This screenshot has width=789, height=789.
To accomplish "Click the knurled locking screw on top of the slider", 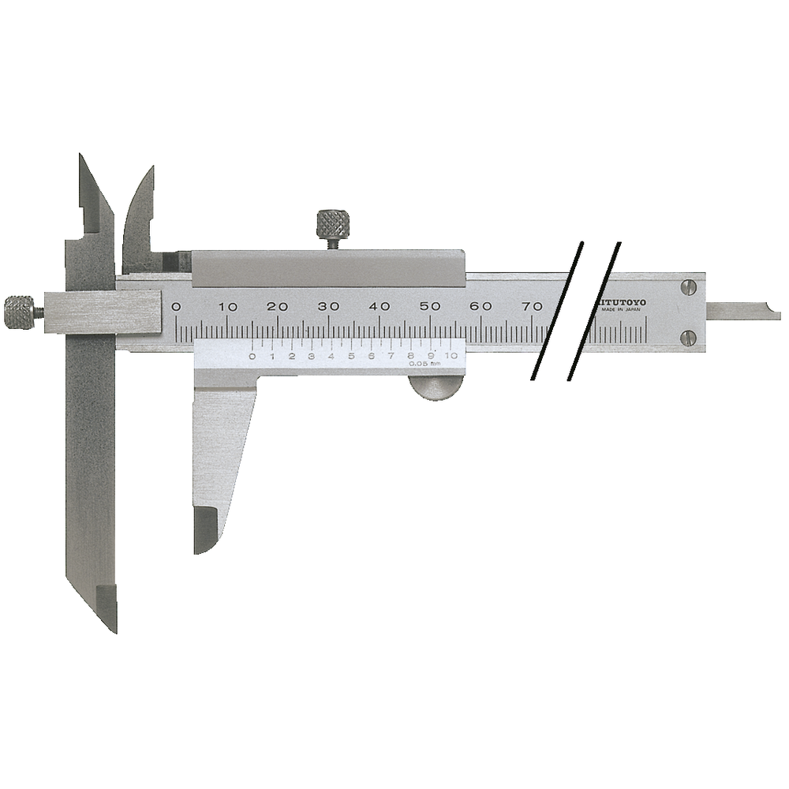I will coord(333,226).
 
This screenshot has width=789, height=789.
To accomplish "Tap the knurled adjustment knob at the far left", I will coord(20,312).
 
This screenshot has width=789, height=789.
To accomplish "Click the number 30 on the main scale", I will coord(328,306).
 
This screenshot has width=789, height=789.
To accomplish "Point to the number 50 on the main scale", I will coord(430,306).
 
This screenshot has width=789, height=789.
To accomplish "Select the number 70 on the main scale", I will coord(532,306).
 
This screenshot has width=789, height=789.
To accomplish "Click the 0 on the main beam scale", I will coord(177,306).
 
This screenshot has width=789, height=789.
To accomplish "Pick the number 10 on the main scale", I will coord(228,306).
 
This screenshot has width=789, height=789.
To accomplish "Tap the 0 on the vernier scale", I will coord(252,356).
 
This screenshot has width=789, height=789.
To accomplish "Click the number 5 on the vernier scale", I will coord(351,356).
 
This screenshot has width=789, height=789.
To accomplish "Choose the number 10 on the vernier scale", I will coord(451,356).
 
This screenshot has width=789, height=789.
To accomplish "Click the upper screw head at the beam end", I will coord(689,288).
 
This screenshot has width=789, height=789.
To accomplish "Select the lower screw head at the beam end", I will coord(689,338).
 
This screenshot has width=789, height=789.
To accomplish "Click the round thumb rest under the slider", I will coord(436,388).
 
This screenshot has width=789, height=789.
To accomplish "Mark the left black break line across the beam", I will coord(558,312).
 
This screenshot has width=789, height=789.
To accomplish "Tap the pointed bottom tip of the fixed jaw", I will coord(111,623).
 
